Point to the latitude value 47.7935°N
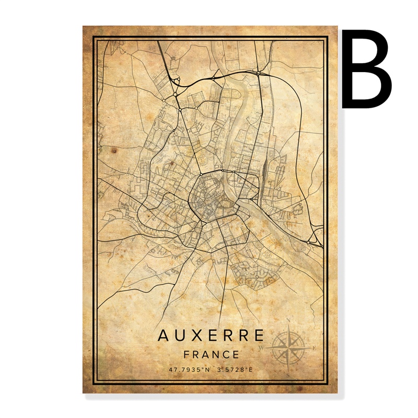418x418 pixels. click(188, 370)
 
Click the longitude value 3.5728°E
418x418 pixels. click(235, 370)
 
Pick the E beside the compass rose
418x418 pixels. click(313, 347)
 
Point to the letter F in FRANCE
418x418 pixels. click(187, 354)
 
